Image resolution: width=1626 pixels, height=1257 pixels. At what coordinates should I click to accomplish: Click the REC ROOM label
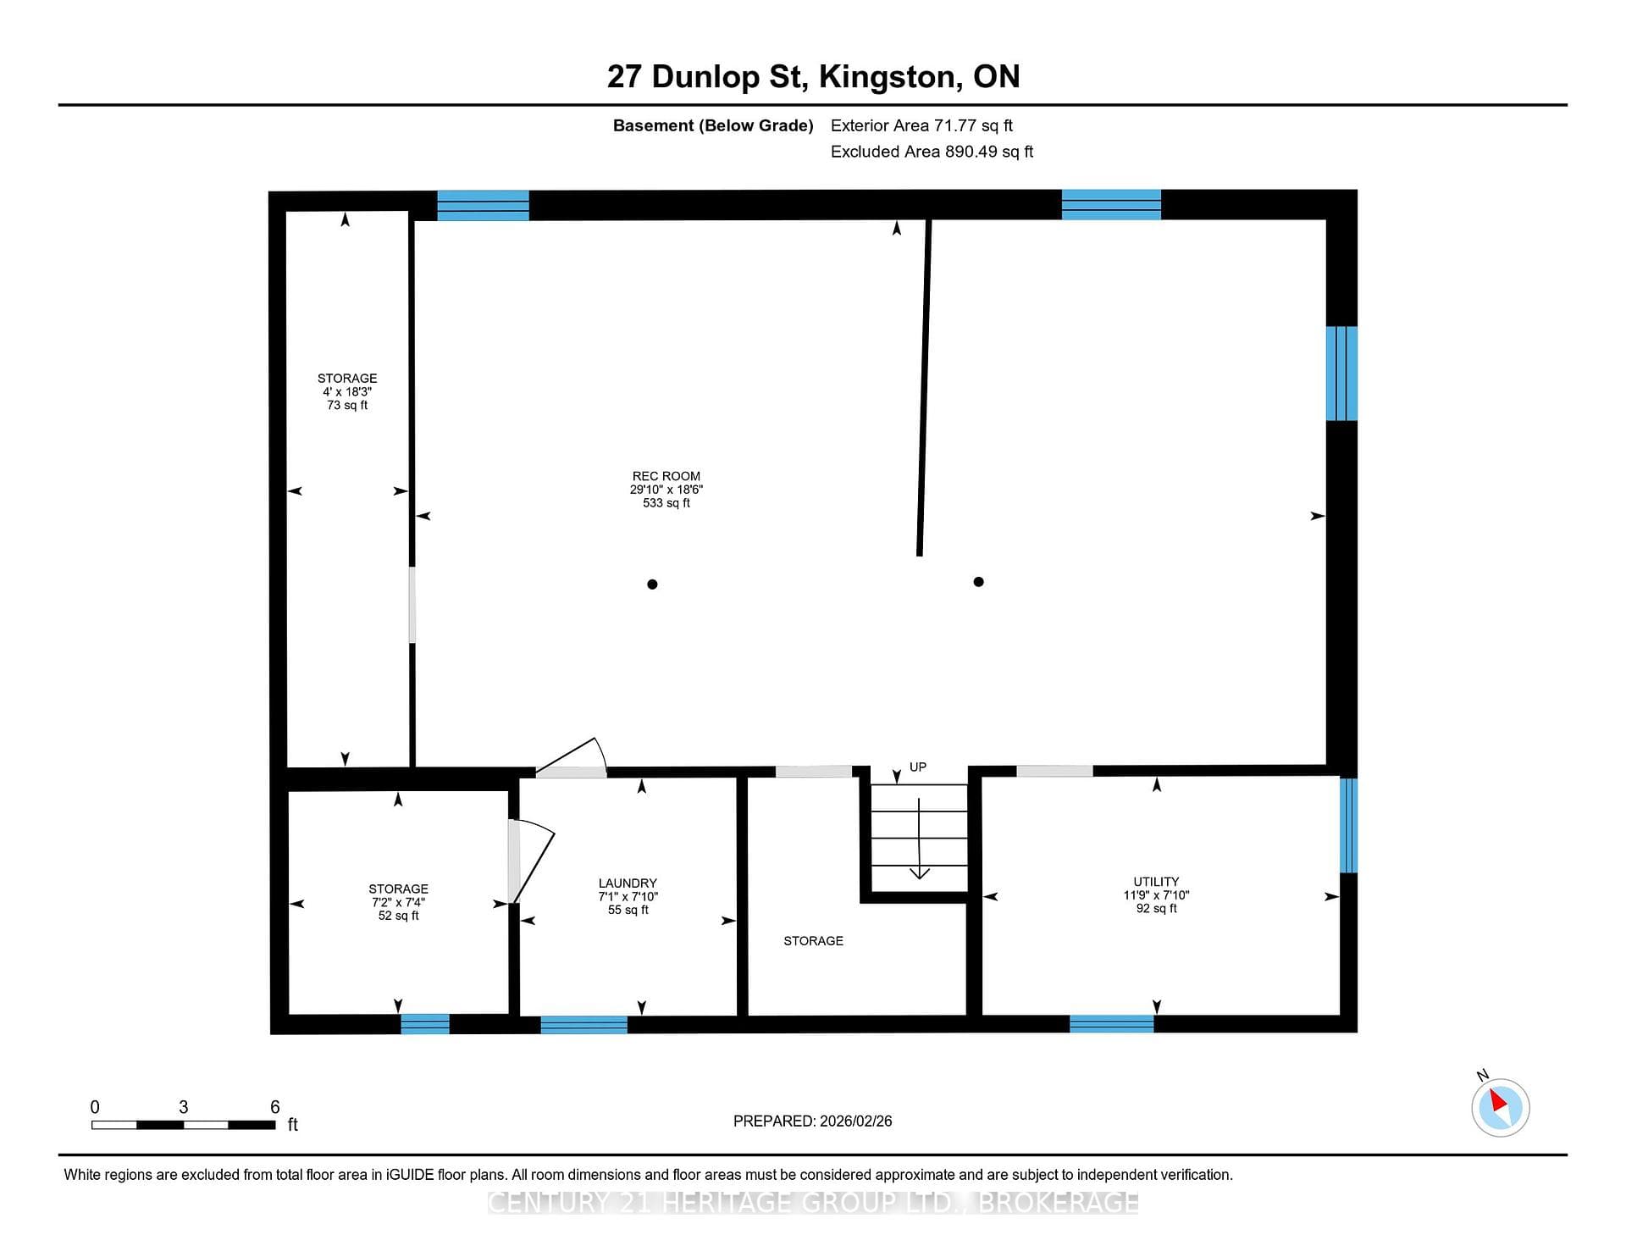click(666, 476)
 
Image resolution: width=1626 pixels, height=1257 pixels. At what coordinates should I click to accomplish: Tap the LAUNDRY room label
click(628, 883)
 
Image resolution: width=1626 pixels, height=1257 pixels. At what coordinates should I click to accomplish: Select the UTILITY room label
click(1156, 882)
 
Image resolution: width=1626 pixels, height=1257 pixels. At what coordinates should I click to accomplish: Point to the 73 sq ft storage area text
click(347, 405)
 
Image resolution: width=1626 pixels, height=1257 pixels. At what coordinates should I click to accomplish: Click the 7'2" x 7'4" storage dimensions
click(398, 902)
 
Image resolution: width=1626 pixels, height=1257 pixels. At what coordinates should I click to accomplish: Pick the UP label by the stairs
click(918, 767)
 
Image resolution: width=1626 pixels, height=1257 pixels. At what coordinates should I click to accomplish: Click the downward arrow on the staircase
click(920, 839)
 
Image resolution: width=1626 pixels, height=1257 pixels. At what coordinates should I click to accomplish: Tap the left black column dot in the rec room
click(652, 584)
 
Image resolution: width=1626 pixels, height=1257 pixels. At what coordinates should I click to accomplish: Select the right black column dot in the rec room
click(978, 582)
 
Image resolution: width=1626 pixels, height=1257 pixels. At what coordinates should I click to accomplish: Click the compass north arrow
click(1499, 1101)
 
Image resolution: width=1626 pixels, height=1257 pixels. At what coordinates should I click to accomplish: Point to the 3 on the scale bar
click(183, 1107)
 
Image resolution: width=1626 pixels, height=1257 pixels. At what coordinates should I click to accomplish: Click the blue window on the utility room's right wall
click(1348, 825)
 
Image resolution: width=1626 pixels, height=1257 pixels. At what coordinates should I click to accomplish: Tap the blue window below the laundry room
click(583, 1025)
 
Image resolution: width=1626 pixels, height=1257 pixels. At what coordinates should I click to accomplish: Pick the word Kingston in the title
click(890, 77)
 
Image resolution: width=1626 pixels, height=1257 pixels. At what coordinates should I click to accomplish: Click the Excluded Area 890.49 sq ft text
click(932, 152)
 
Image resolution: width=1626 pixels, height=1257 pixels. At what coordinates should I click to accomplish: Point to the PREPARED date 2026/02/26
click(813, 1121)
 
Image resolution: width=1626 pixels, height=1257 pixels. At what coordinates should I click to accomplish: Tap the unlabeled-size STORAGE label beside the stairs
click(813, 940)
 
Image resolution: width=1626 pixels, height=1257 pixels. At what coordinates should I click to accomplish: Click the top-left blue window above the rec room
click(483, 206)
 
